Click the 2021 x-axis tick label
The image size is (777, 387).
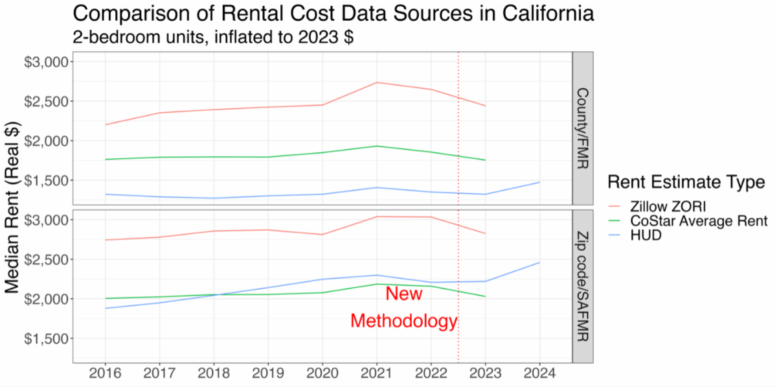click(376, 373)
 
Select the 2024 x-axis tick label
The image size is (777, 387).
click(539, 373)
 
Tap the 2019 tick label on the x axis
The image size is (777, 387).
click(267, 373)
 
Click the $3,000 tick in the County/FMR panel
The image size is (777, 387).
click(49, 62)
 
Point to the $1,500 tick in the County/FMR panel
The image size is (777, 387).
click(49, 180)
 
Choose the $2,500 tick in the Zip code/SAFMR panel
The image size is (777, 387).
click(49, 259)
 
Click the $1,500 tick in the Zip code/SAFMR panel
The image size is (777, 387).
click(49, 338)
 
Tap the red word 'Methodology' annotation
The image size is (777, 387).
click(404, 321)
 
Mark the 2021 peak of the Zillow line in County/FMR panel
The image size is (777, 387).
click(376, 82)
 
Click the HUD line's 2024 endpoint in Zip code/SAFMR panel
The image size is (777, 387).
click(539, 263)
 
